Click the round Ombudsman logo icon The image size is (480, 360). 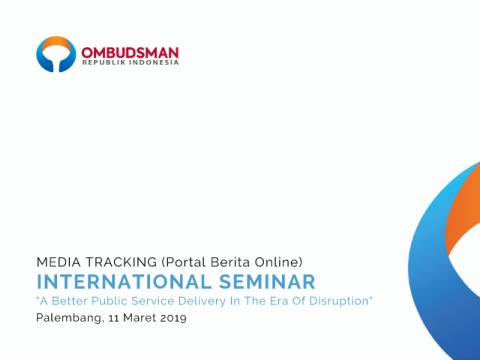[56, 43]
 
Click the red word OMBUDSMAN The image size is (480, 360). [130, 53]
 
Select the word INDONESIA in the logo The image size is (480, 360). [154, 62]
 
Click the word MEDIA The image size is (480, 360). [59, 262]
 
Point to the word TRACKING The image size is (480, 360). [121, 262]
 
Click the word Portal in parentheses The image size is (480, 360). [186, 262]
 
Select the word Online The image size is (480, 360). [277, 262]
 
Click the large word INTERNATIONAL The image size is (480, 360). [124, 282]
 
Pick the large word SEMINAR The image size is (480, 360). [267, 282]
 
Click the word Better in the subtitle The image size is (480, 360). [69, 301]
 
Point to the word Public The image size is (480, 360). [109, 301]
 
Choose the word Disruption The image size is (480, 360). [339, 301]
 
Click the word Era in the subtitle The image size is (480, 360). [279, 301]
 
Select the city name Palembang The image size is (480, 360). [68, 318]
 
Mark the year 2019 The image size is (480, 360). [173, 317]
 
